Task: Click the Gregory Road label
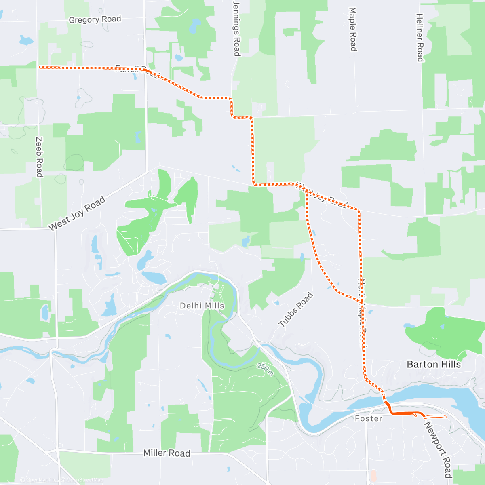pyautogui.click(x=95, y=19)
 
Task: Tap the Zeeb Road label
pyautogui.click(x=39, y=157)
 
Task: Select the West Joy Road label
pyautogui.click(x=77, y=214)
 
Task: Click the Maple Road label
pyautogui.click(x=353, y=29)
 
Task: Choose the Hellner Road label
pyautogui.click(x=420, y=37)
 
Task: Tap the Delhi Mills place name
pyautogui.click(x=202, y=306)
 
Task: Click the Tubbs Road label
pyautogui.click(x=296, y=309)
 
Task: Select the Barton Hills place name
pyautogui.click(x=434, y=364)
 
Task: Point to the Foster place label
pyautogui.click(x=369, y=418)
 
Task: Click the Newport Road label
pyautogui.click(x=438, y=449)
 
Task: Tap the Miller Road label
pyautogui.click(x=167, y=453)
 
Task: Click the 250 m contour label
pyautogui.click(x=265, y=369)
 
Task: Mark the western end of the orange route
pyautogui.click(x=40, y=67)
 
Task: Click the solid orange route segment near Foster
pyautogui.click(x=404, y=413)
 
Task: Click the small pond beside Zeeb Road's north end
pyautogui.click(x=26, y=40)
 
